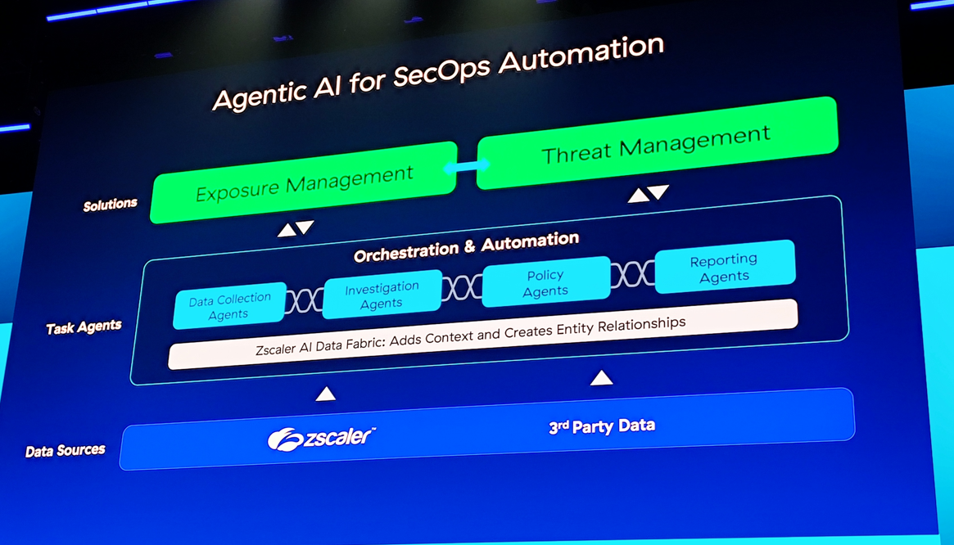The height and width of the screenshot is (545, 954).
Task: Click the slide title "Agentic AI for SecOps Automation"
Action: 437,73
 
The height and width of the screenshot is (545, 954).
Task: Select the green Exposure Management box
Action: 304,182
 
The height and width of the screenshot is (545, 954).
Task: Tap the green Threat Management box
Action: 656,143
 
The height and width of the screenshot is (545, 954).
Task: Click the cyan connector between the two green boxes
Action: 467,166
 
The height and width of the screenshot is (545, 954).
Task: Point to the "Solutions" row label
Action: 110,204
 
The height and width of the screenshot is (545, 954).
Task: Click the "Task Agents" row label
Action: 84,327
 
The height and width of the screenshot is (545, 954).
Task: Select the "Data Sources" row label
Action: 65,450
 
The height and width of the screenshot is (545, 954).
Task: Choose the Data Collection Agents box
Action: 229,306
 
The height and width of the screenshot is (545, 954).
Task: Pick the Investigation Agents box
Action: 382,295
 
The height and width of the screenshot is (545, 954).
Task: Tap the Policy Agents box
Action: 545,282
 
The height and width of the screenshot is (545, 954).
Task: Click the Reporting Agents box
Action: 724,267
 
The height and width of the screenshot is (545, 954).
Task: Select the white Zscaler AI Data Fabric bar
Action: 482,334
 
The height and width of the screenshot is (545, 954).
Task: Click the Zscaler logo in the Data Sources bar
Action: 321,438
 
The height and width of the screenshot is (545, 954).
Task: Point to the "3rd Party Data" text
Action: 602,426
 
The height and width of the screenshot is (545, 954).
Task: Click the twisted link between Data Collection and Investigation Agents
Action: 305,300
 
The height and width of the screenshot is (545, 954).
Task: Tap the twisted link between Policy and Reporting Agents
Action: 632,274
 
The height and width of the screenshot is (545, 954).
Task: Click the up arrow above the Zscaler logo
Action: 326,394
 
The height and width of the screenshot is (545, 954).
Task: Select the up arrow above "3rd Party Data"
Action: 602,377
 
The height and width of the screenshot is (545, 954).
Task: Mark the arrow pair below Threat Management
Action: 649,193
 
